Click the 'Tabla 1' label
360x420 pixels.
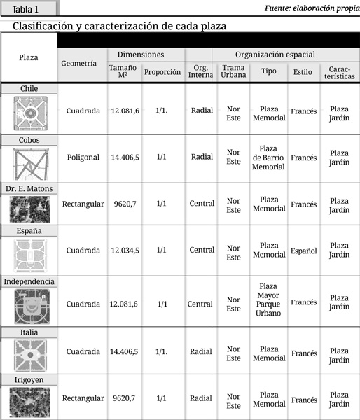coord(26,9)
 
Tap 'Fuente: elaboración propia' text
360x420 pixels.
coord(312,8)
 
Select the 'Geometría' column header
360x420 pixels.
coord(78,63)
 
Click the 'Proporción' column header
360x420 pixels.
coord(162,72)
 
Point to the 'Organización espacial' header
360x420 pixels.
coord(275,55)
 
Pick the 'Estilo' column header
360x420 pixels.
coord(303,71)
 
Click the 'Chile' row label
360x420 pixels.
coord(29,88)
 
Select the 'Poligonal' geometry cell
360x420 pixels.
coord(83,157)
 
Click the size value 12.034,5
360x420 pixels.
coord(125,250)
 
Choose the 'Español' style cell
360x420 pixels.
coord(303,251)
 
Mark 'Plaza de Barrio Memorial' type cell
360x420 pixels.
coord(268,157)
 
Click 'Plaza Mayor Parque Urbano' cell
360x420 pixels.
coord(268,300)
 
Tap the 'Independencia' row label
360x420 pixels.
coord(29,281)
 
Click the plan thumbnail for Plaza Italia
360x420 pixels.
coord(29,356)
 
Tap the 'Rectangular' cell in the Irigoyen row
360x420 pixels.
coord(83,398)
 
